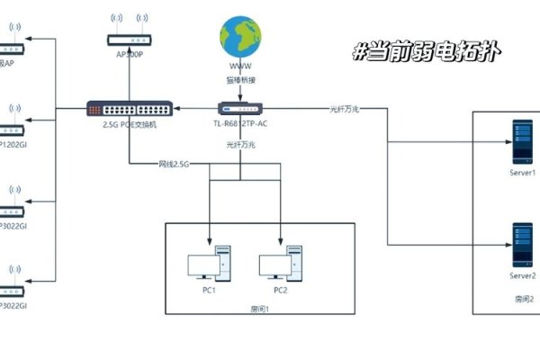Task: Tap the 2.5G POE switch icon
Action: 123,109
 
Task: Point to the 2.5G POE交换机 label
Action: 123,125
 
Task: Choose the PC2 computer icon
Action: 280,265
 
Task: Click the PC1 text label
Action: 208,290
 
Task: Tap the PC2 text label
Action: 280,290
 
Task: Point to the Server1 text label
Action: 522,171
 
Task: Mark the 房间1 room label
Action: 260,309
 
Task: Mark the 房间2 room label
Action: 525,297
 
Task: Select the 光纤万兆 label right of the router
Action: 344,109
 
